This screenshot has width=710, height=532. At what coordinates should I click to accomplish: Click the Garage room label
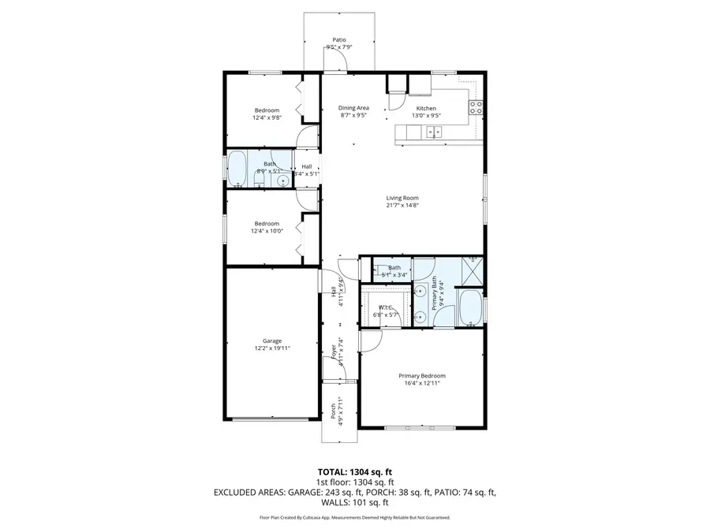coord(272,341)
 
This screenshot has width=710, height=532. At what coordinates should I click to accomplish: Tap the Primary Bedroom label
coord(421,376)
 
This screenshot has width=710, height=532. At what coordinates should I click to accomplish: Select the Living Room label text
coord(402,198)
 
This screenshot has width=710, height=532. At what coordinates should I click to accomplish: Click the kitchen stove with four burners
coord(476,108)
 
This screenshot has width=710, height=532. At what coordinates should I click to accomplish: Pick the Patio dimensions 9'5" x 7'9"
coord(339,47)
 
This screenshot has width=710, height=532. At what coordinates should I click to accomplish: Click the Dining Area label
coord(353,108)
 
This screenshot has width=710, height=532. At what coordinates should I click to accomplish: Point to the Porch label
coord(333,411)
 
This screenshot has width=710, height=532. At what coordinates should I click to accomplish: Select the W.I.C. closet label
coord(386,307)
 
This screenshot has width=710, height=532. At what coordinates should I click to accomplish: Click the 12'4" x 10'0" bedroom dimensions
coord(266,230)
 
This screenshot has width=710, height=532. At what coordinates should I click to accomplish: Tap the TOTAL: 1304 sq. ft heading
coord(355,471)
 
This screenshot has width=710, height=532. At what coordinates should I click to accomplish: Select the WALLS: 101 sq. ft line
coord(355,502)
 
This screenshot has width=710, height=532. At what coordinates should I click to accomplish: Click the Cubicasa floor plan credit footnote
coord(355,518)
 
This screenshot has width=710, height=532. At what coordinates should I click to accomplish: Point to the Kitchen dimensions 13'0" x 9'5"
coord(426,116)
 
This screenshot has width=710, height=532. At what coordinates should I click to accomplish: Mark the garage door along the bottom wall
coord(271,419)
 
